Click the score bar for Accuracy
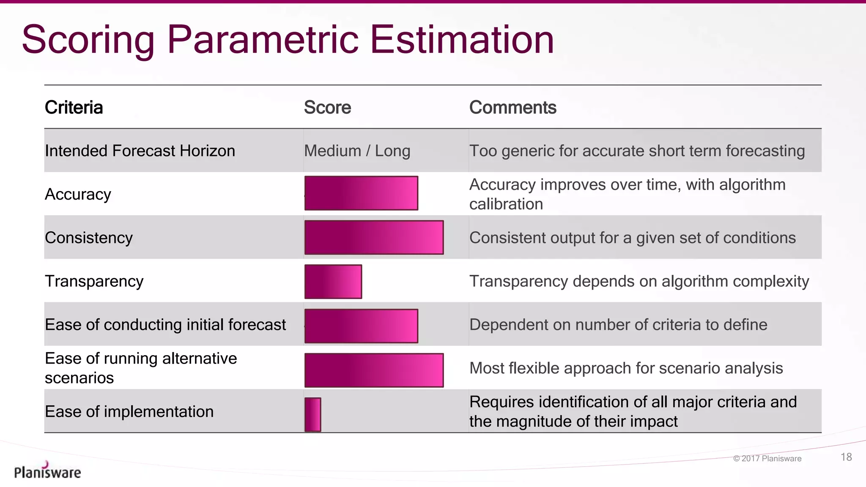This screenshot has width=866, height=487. pos(361,193)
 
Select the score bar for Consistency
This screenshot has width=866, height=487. pos(374,237)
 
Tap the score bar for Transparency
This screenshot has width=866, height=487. pos(333,282)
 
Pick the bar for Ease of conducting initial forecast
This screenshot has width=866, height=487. pos(361,326)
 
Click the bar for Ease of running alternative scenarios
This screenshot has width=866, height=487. pos(374,370)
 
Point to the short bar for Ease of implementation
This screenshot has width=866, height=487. pos(312,414)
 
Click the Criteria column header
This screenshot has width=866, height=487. pos(74,107)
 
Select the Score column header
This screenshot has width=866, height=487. pos(327,107)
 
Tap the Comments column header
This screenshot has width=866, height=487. pos(512,107)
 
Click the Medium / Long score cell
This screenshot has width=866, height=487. pos(357,151)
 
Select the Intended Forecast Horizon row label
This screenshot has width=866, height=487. pos(140,151)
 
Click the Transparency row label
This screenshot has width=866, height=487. pos(94,282)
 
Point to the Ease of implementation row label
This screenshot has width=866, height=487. pos(129,412)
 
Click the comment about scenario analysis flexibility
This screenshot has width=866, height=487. pos(626,368)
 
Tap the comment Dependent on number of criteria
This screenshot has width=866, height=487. pos(618,325)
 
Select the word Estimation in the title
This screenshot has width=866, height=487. pos(462,40)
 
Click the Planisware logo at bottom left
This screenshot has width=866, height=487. pos(47,471)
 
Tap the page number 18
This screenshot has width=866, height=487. pos(846,457)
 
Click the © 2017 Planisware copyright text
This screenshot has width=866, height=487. pos(767,459)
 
